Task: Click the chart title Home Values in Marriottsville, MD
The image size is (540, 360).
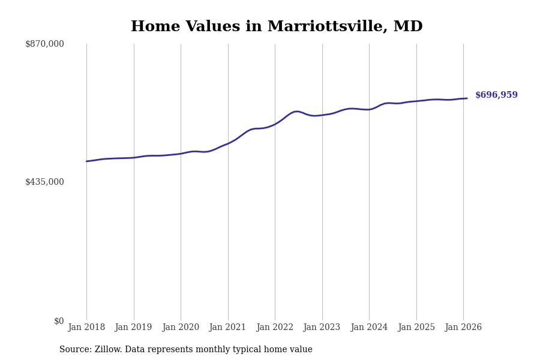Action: [x=277, y=27]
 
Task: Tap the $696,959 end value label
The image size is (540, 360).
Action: [x=496, y=95]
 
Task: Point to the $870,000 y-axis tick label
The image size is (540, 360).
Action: [x=44, y=44]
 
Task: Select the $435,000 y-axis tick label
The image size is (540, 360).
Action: [x=44, y=182]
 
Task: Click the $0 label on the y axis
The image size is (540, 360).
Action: [x=59, y=321]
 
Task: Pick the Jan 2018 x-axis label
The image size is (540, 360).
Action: [x=86, y=328]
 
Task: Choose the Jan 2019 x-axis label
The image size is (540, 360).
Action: [x=134, y=328]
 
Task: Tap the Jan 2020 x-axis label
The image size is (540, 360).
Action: [x=181, y=328]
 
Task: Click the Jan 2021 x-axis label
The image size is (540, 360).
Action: [x=228, y=328]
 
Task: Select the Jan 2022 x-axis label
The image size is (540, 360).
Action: [x=275, y=328]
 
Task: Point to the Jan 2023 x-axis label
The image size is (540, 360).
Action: [x=322, y=328]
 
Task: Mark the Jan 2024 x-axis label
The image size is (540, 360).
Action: [x=369, y=328]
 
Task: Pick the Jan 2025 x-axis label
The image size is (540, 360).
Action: [x=416, y=328]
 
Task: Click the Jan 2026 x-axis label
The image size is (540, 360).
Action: [x=463, y=328]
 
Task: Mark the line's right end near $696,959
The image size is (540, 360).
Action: [x=467, y=98]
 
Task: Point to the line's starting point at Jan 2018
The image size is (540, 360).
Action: [x=86, y=161]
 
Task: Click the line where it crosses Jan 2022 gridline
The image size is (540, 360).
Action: [x=275, y=124]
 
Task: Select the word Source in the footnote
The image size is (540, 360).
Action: [x=74, y=350]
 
